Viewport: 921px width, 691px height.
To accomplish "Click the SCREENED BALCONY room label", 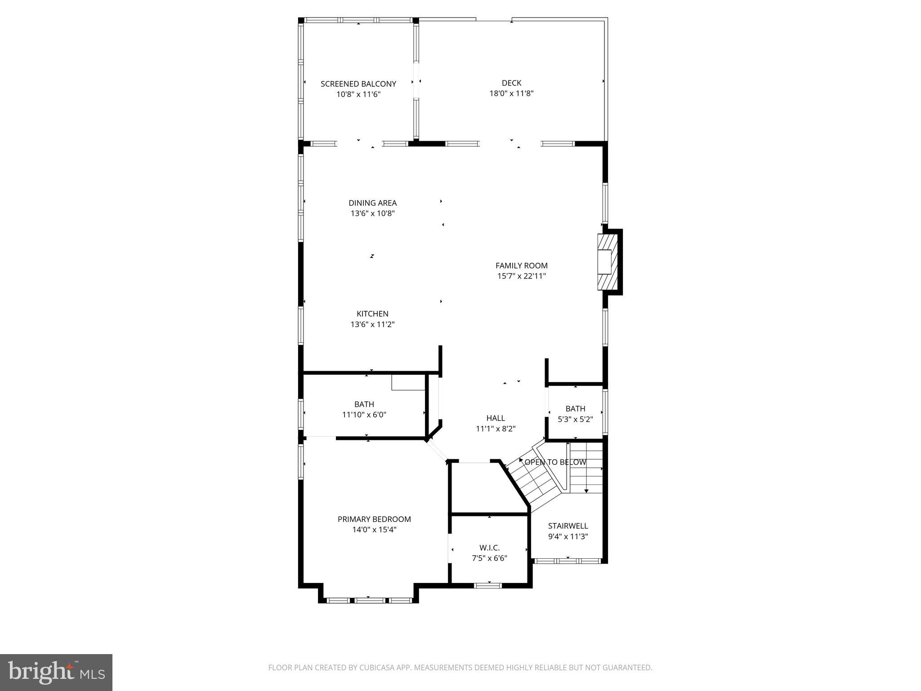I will coord(358,84).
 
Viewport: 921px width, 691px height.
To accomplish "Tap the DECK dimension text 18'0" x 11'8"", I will coord(511,94).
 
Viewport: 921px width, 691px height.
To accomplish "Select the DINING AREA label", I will coord(372,203).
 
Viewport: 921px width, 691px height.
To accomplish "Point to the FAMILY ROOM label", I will coord(521,265).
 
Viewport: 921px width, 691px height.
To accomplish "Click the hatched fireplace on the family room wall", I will coord(607,262).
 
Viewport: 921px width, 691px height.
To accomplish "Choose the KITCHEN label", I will coord(372,314).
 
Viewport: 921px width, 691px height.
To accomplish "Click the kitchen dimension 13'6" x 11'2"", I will coord(372,324).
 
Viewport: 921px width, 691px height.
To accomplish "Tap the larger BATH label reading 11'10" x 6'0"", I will coord(364,404).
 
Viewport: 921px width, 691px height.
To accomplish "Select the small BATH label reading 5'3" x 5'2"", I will coord(575,408).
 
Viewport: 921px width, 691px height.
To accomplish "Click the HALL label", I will coord(496,418).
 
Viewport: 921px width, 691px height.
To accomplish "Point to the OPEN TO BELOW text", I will coord(555,462).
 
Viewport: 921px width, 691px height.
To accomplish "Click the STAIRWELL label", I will coord(568,525).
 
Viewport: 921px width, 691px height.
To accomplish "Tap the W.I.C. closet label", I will coord(489,547).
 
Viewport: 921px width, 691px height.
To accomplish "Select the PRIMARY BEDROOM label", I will coord(374,519).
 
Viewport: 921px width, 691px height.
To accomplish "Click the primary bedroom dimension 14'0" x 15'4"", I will coord(374,530).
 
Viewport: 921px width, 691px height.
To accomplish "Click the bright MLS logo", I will coord(56,673).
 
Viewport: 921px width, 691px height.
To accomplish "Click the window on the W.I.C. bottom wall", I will coord(488,585).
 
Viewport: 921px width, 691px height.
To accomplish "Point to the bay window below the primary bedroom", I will coord(369,600).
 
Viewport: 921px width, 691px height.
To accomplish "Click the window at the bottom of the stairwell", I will coord(568,561).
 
